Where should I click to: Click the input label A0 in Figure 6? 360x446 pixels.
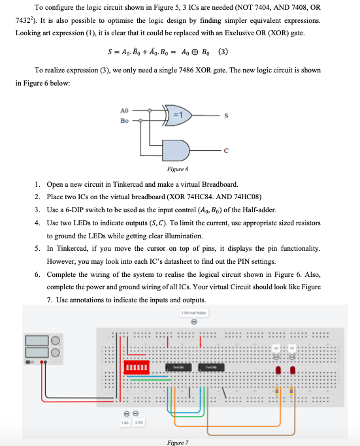click(125, 111)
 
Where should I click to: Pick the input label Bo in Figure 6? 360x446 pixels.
click(125, 120)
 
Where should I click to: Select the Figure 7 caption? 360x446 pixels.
click(177, 442)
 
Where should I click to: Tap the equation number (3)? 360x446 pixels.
click(223, 52)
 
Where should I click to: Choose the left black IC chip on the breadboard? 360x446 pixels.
click(176, 369)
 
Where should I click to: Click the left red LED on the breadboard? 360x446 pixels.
click(280, 371)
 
